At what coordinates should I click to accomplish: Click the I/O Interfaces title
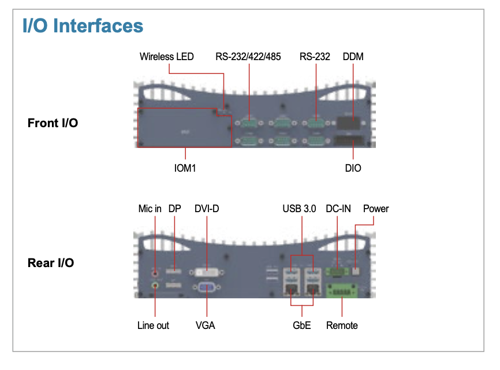(x=83, y=25)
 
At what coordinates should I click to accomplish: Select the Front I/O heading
(x=53, y=123)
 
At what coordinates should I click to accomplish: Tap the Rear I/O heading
(x=51, y=262)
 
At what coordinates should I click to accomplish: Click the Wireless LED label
(x=166, y=57)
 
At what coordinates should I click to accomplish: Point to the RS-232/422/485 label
(x=248, y=57)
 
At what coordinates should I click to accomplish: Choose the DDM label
(x=353, y=57)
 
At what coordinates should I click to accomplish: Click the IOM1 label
(x=185, y=168)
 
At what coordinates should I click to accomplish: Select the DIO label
(x=353, y=168)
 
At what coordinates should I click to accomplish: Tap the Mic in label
(x=150, y=209)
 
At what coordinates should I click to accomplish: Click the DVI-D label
(x=207, y=209)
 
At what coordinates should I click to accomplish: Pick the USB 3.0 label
(x=299, y=209)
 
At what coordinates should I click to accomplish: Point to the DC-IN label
(x=338, y=209)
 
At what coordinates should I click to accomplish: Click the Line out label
(x=153, y=325)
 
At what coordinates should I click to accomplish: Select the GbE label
(x=301, y=325)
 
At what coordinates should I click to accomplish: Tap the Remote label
(x=342, y=325)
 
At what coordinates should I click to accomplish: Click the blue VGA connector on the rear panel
(x=207, y=287)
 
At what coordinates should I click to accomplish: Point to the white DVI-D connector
(x=207, y=273)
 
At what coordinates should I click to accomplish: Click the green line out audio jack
(x=155, y=285)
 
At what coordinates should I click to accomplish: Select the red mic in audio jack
(x=155, y=273)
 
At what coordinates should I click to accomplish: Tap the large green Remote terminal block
(x=342, y=291)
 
